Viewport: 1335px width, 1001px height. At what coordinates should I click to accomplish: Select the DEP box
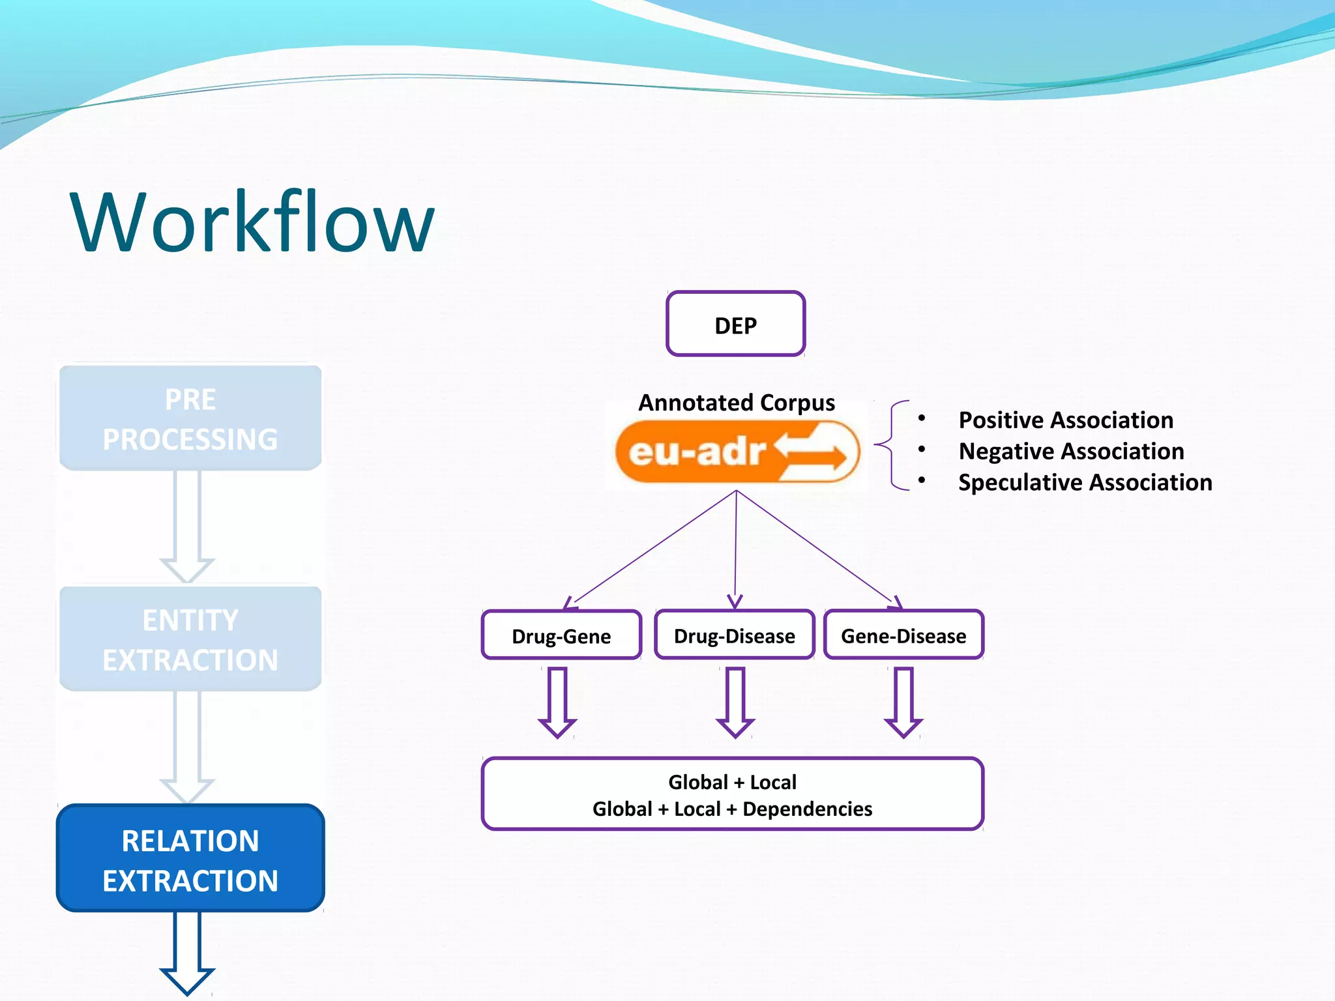coord(735,324)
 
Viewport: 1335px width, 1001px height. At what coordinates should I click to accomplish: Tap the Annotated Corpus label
coord(736,403)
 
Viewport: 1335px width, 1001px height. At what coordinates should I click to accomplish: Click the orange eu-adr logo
coord(737,452)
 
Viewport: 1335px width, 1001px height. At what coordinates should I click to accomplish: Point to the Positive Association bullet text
coord(1065,420)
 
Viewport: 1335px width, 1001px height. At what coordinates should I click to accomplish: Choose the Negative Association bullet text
coord(1070,451)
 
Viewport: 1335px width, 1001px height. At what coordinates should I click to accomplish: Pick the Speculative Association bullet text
coord(1085,482)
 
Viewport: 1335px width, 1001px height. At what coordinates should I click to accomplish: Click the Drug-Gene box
coord(561,635)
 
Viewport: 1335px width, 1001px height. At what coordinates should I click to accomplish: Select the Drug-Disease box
coord(734,635)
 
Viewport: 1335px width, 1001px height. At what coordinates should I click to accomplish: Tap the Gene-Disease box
coord(903,635)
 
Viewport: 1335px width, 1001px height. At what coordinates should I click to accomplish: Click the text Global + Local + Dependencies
coord(732,809)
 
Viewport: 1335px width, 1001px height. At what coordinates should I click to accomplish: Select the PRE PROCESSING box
coord(190,418)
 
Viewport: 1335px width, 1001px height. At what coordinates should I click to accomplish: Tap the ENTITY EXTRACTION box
coord(190,639)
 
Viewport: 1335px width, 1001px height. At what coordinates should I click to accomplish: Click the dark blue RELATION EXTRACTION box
coord(190,859)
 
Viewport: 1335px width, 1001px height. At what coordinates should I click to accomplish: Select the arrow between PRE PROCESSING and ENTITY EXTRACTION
coord(187,525)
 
